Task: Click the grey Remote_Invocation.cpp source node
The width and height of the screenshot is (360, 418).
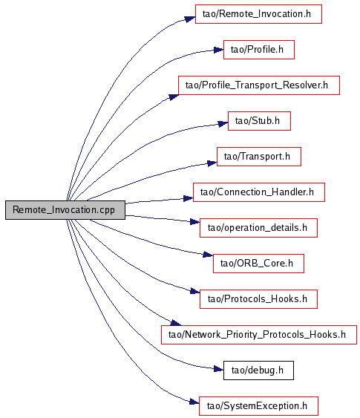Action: (x=65, y=210)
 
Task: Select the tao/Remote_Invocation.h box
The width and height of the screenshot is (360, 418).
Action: (x=258, y=14)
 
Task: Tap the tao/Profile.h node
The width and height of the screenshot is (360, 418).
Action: (x=259, y=50)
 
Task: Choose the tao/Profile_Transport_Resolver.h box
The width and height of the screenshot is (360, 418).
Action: (x=259, y=85)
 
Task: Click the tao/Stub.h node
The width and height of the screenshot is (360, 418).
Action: (x=259, y=121)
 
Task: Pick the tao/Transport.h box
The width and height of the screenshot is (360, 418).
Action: (x=259, y=157)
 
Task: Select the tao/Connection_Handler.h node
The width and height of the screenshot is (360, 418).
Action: (x=259, y=192)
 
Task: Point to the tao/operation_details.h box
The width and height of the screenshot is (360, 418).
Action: (x=258, y=228)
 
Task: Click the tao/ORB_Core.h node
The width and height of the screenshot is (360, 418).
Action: (x=258, y=264)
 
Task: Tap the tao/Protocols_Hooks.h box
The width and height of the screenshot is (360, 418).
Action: (x=258, y=299)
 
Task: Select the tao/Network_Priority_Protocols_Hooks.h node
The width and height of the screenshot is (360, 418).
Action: (x=259, y=335)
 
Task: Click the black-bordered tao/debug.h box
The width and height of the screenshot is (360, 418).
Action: (x=258, y=370)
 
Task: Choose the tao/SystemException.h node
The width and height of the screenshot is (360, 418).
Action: (x=258, y=406)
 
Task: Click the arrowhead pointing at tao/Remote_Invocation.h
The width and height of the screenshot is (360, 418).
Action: (x=190, y=19)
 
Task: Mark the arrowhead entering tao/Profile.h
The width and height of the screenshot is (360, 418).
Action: (x=218, y=50)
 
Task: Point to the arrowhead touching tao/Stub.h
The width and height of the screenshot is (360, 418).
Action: (x=223, y=124)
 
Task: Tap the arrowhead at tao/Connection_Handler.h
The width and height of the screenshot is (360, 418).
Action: (x=188, y=198)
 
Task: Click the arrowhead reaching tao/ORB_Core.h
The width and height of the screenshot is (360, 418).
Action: (x=208, y=255)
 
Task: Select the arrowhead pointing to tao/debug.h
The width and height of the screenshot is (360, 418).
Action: (x=218, y=369)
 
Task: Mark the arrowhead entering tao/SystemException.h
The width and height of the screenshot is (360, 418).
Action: (x=194, y=402)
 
